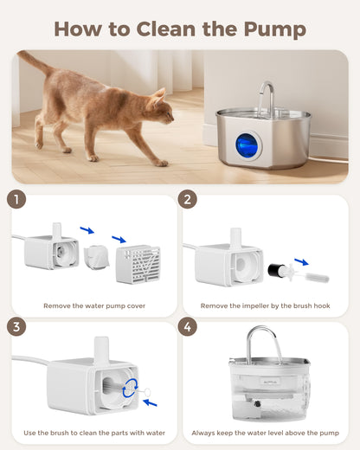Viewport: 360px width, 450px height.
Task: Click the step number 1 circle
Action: click(x=16, y=199)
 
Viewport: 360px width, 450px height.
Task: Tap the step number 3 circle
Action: click(x=16, y=327)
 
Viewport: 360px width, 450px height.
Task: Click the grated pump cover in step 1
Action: click(x=137, y=263)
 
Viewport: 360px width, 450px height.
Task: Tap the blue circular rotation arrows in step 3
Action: click(x=130, y=387)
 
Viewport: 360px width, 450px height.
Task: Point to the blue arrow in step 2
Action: click(x=300, y=261)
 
